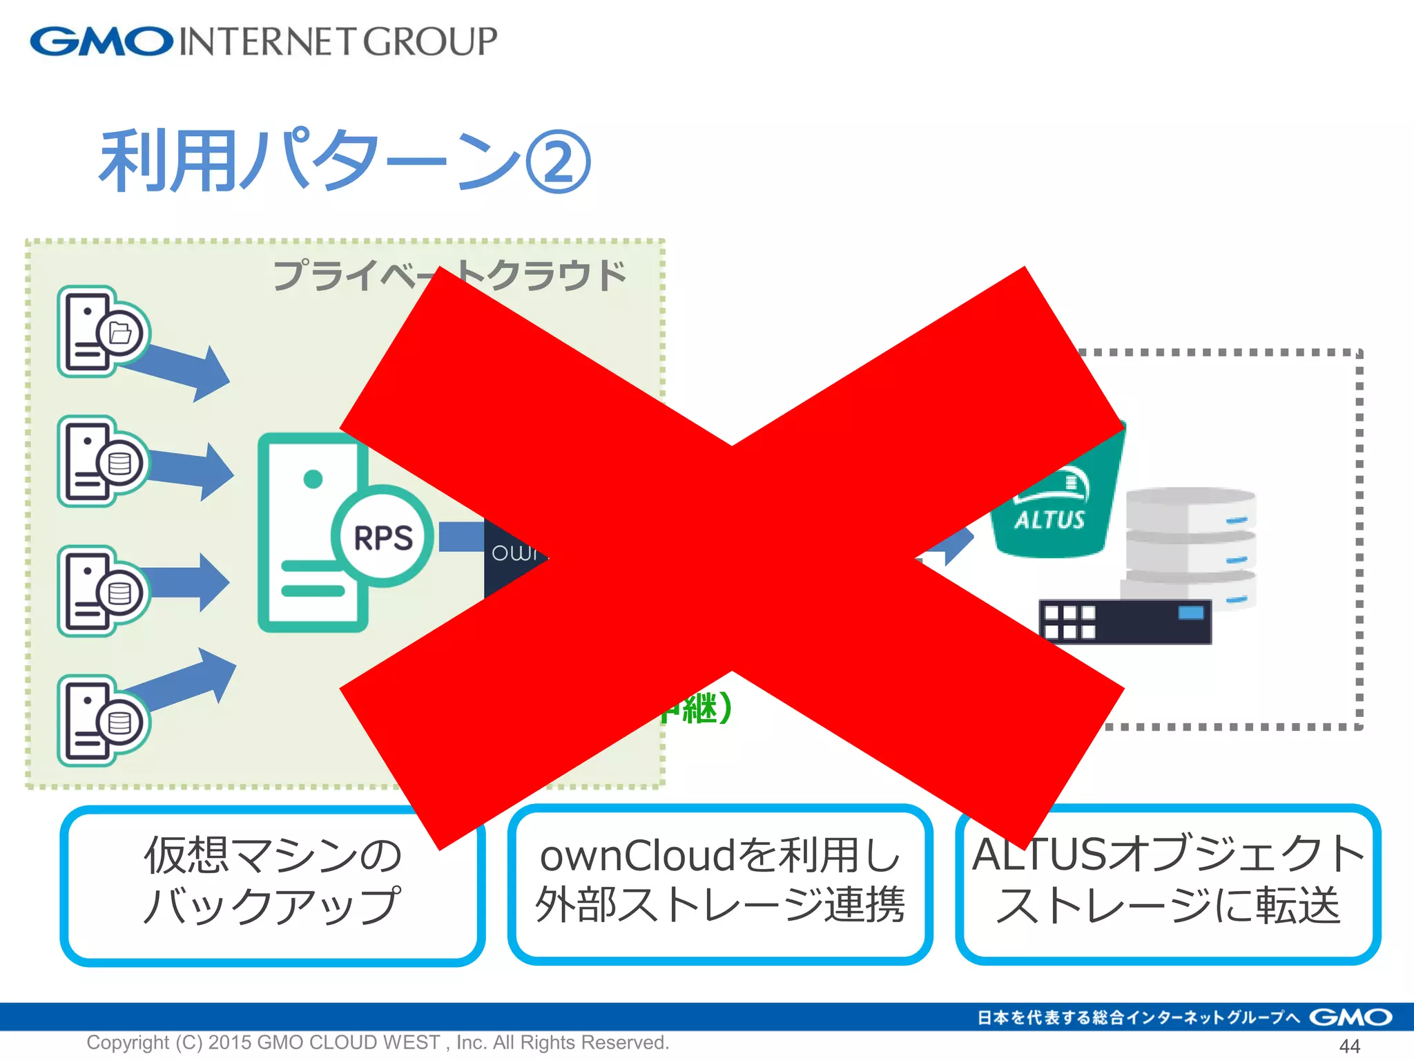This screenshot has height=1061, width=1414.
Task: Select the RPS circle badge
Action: click(x=383, y=537)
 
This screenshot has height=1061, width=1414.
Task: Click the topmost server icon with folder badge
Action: click(x=102, y=332)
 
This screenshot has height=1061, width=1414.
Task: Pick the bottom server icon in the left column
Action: click(x=102, y=720)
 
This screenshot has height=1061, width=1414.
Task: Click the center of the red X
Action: click(x=732, y=558)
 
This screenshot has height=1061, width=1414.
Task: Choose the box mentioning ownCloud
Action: click(x=719, y=883)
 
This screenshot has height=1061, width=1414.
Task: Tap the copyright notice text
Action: click(x=378, y=1042)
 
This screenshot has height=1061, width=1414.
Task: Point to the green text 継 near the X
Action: click(x=700, y=709)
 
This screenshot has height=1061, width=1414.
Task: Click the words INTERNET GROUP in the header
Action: click(x=338, y=41)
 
